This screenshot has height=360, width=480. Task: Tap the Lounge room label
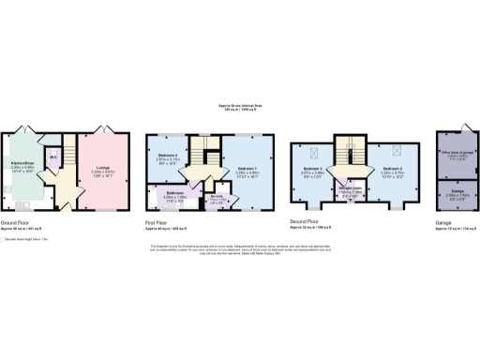pos(102,169)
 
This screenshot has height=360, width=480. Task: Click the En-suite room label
pos(217,200)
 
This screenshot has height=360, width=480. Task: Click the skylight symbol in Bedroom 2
pos(396,149)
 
